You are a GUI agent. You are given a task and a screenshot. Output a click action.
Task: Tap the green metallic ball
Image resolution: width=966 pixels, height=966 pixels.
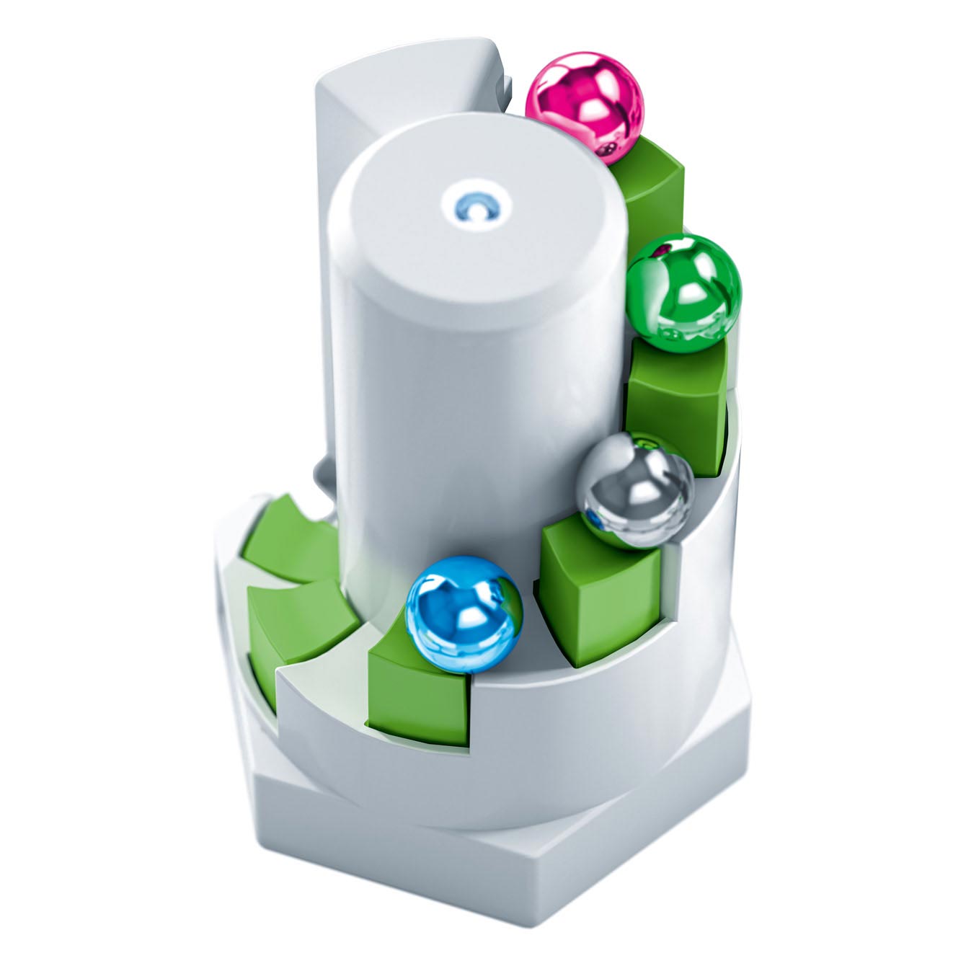point(683,292)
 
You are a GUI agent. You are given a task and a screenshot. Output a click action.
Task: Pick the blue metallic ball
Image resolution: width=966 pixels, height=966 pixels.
point(464,615)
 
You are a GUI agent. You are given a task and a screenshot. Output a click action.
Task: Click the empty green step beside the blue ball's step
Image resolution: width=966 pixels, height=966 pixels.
point(296,620)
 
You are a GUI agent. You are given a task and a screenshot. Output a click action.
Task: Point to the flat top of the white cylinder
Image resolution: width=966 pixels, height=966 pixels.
point(476,216)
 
